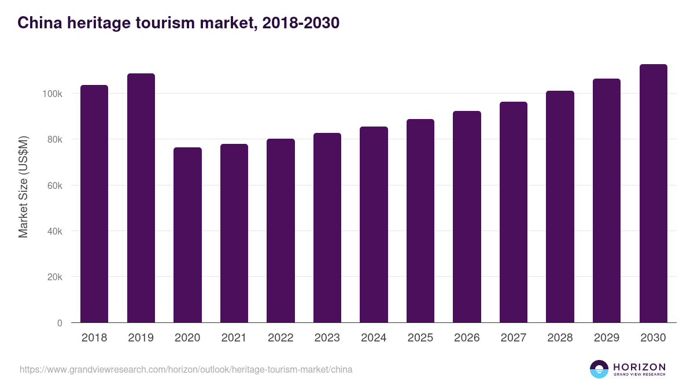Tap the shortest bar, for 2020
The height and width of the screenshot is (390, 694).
[x=187, y=235]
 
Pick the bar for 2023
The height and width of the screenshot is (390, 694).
[x=327, y=228]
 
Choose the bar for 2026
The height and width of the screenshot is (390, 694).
[x=467, y=217]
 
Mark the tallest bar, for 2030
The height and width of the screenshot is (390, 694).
[x=653, y=194]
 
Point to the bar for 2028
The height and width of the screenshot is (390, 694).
[x=560, y=207]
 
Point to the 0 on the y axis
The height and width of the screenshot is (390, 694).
[x=60, y=323]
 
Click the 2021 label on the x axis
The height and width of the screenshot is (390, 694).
[x=234, y=338]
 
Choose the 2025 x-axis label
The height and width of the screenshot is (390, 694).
[x=420, y=338]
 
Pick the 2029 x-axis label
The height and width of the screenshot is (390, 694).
[x=607, y=338]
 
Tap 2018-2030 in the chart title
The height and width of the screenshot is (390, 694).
[x=300, y=23]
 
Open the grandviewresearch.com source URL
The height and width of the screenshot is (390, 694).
[x=186, y=369]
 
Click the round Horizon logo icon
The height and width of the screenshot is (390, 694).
[x=599, y=369]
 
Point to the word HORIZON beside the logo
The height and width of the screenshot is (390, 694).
[x=639, y=367]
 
